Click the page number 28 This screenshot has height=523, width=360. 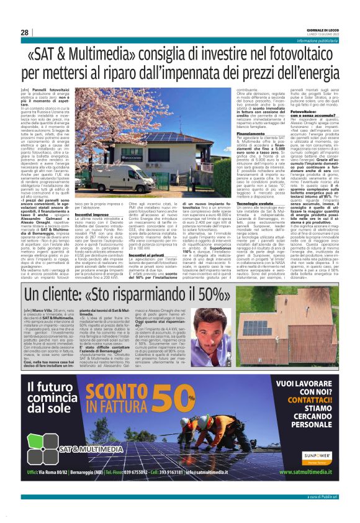click(24, 32)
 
